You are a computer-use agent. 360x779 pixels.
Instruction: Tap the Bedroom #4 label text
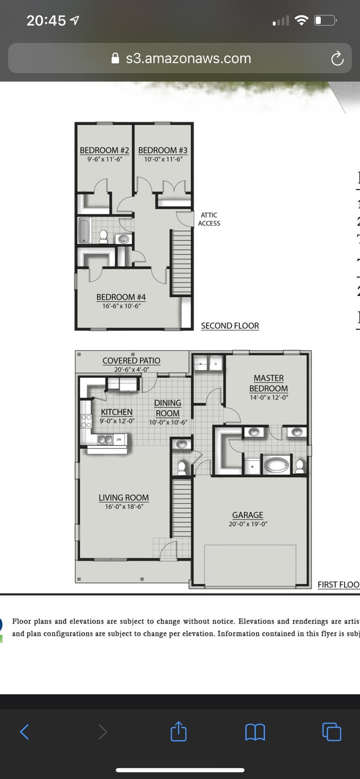pyautogui.click(x=121, y=298)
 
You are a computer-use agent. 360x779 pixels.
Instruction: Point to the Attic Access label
pyautogui.click(x=209, y=219)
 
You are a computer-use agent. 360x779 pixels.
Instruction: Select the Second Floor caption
pyautogui.click(x=230, y=326)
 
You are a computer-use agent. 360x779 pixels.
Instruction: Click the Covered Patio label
pyautogui.click(x=131, y=361)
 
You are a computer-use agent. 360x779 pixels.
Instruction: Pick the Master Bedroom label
pyautogui.click(x=268, y=383)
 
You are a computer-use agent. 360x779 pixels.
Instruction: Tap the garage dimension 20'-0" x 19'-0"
pyautogui.click(x=248, y=524)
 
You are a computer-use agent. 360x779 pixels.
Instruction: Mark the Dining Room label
pyautogui.click(x=167, y=408)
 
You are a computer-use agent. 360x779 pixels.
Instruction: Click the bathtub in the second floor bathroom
pyautogui.click(x=84, y=230)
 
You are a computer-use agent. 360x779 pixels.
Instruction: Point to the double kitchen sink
pyautogui.click(x=105, y=439)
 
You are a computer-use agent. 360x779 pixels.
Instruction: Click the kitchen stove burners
pyautogui.click(x=86, y=421)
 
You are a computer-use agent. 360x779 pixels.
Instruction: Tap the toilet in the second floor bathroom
pyautogui.click(x=103, y=237)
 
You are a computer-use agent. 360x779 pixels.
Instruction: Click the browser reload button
pyautogui.click(x=337, y=59)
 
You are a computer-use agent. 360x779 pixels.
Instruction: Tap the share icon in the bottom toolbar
pyautogui.click(x=178, y=732)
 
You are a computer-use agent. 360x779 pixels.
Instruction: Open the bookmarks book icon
pyautogui.click(x=255, y=732)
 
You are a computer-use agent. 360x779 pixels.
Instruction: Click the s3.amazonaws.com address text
pyautogui.click(x=188, y=59)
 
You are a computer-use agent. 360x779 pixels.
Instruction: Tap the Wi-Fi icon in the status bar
pyautogui.click(x=301, y=21)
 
